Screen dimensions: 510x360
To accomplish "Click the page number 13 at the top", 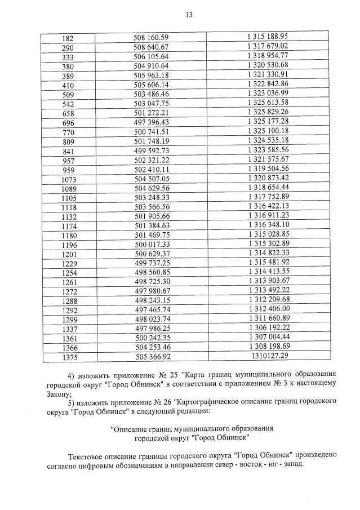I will click(x=189, y=14).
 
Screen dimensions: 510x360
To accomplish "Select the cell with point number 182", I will click(x=67, y=38).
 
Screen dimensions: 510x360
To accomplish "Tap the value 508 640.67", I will click(x=150, y=47).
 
